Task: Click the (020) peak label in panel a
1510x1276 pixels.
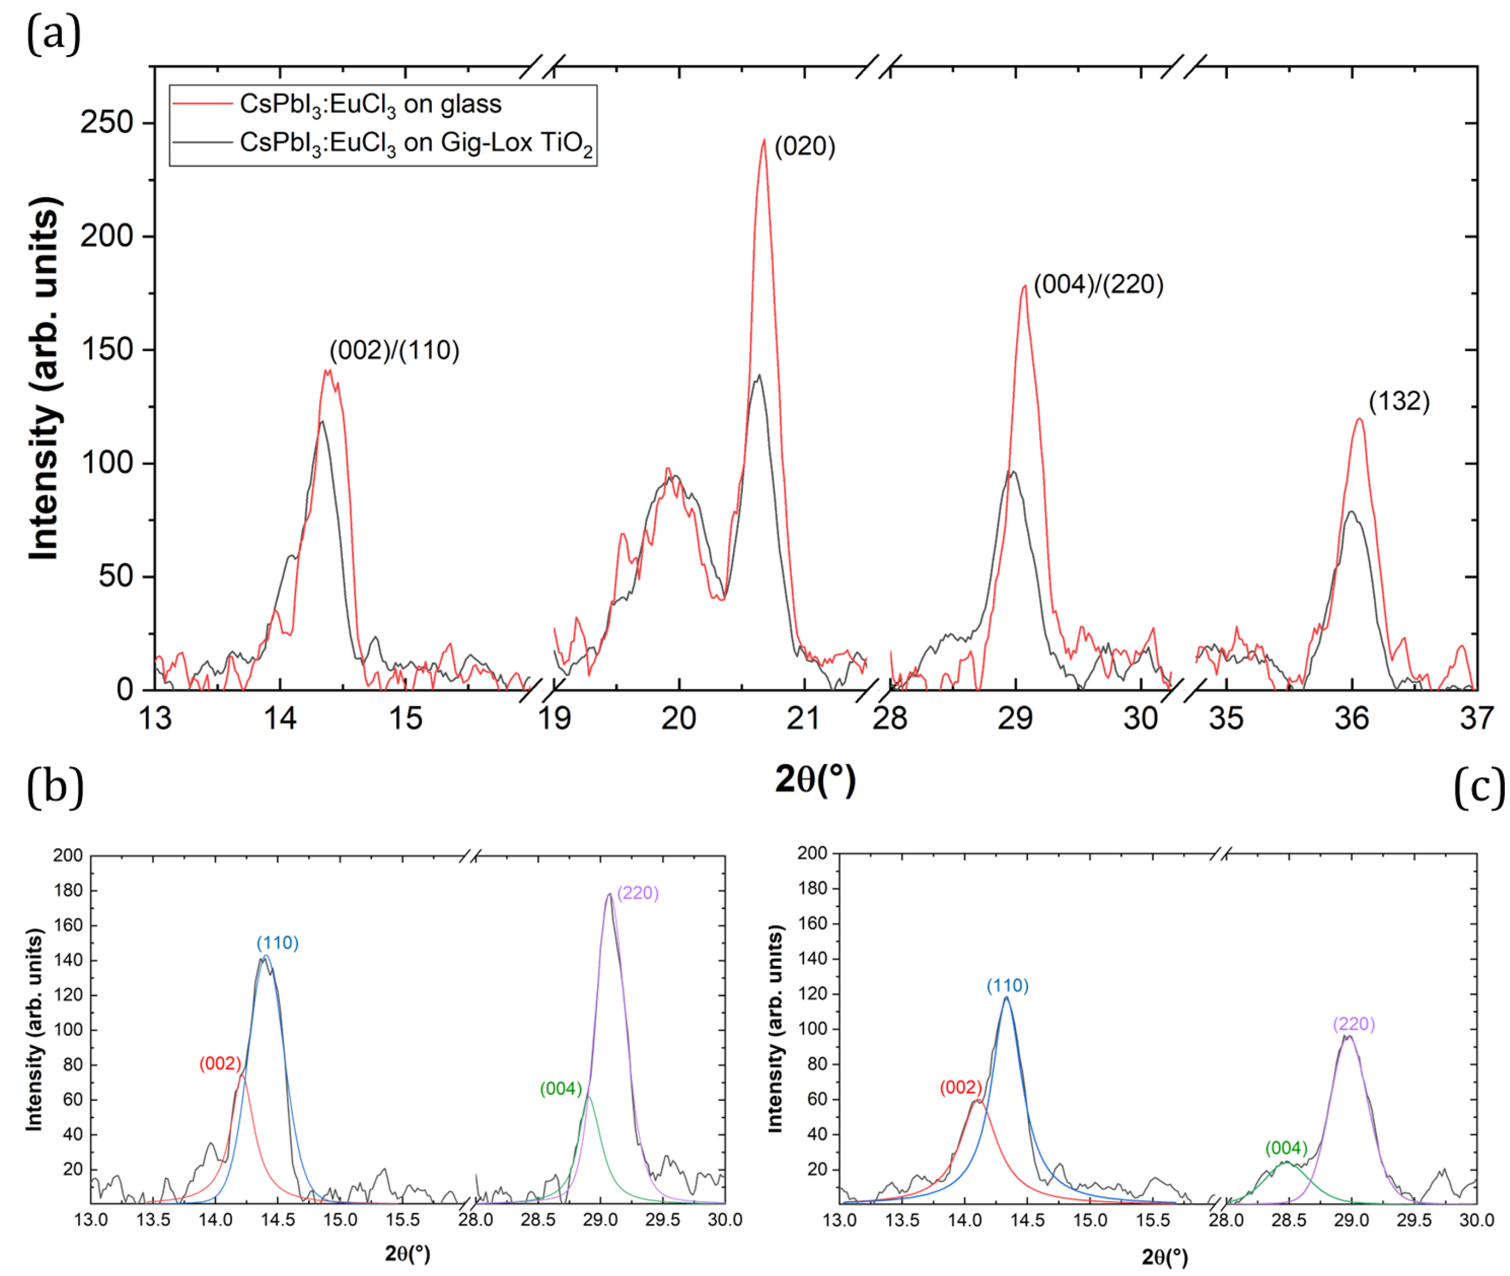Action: [804, 147]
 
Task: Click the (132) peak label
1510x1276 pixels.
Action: [1398, 402]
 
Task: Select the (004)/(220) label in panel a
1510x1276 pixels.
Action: [1098, 285]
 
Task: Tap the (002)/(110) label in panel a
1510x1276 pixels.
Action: [394, 351]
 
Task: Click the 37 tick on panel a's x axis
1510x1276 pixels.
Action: [1476, 718]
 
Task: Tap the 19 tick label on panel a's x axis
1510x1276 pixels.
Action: [554, 718]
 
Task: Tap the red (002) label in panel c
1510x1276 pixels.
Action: [960, 1088]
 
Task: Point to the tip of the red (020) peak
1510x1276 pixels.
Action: [764, 140]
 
